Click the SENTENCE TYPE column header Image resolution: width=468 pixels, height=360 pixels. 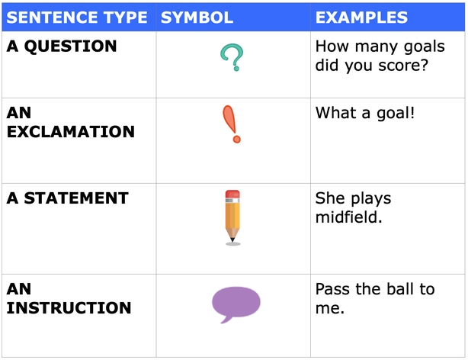click(x=77, y=18)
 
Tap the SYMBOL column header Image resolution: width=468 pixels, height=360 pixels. click(x=197, y=18)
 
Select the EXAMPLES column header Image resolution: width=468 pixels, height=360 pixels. click(x=361, y=18)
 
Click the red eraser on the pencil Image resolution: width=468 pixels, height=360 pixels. click(x=232, y=194)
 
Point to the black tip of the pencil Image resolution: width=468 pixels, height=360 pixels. click(x=232, y=239)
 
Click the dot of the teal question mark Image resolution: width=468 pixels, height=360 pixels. click(x=236, y=69)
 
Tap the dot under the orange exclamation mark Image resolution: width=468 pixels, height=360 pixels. click(x=237, y=140)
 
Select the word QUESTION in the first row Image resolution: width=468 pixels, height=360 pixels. click(x=70, y=47)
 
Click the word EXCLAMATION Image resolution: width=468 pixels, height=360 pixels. click(x=71, y=132)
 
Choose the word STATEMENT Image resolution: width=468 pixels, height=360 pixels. click(x=76, y=198)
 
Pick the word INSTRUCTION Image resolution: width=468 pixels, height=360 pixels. click(x=69, y=308)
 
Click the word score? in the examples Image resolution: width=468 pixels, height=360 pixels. click(x=403, y=66)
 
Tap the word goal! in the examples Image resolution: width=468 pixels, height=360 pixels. click(x=396, y=114)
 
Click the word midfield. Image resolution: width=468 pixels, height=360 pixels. click(x=348, y=217)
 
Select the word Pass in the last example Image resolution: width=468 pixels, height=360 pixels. click(x=332, y=289)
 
